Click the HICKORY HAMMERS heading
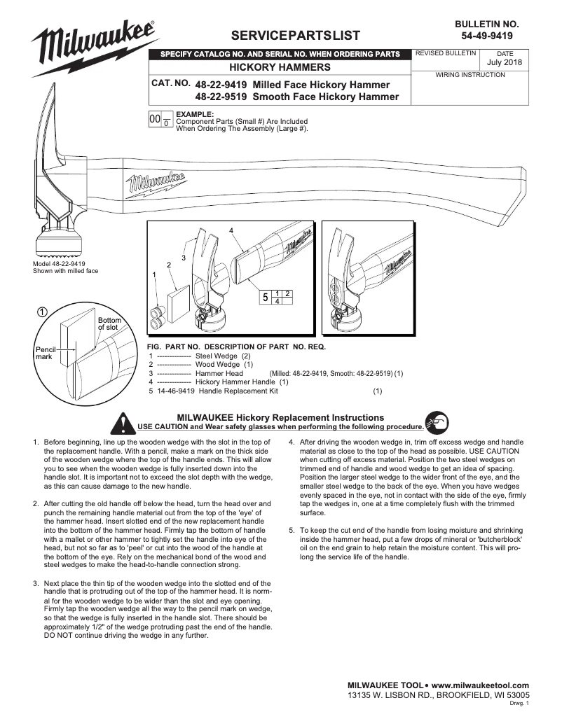click(x=280, y=67)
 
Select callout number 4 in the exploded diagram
click(x=231, y=230)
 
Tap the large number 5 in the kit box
click(x=265, y=297)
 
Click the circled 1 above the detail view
click(x=42, y=312)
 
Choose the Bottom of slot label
click(x=109, y=323)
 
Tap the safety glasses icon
click(x=437, y=422)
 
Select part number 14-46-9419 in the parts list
click(x=177, y=391)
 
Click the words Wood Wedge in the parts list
click(x=217, y=364)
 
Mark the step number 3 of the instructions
click(x=36, y=583)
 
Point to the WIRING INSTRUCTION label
click(x=470, y=75)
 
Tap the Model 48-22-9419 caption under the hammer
click(x=60, y=264)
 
